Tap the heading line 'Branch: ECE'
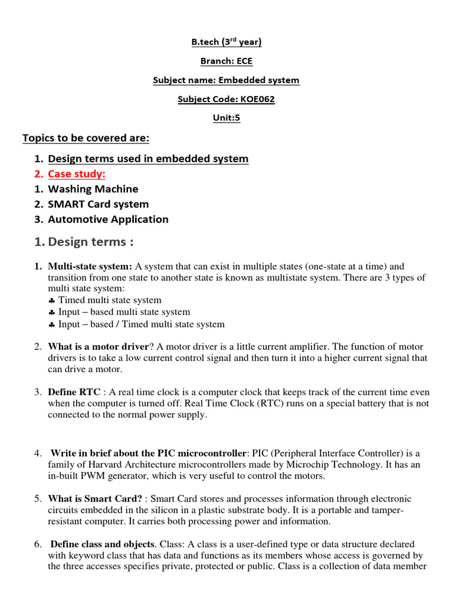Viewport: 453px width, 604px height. pos(226,61)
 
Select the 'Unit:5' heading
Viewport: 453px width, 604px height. pos(226,118)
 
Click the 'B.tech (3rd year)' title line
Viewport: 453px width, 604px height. pos(226,42)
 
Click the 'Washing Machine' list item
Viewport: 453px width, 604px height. pos(93,189)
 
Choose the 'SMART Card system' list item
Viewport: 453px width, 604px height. pos(98,204)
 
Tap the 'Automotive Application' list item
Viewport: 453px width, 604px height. pos(108,219)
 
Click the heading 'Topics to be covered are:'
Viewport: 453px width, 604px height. pos(86,138)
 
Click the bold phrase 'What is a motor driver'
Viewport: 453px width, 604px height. pos(96,347)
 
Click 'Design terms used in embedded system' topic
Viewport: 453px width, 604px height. pos(148,159)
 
